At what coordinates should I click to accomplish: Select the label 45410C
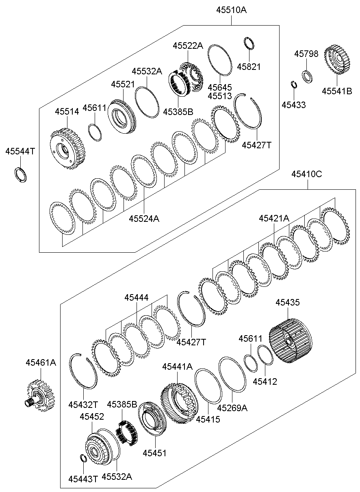tap(306, 174)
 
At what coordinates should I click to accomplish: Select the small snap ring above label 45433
tap(295, 84)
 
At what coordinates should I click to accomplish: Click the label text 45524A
tap(144, 219)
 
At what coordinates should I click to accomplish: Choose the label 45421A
tap(274, 218)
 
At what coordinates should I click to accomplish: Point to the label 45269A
tap(232, 407)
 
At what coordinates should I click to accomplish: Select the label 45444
tap(136, 298)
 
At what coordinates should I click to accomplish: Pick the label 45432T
tap(83, 404)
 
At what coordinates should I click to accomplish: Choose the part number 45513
tap(219, 96)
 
